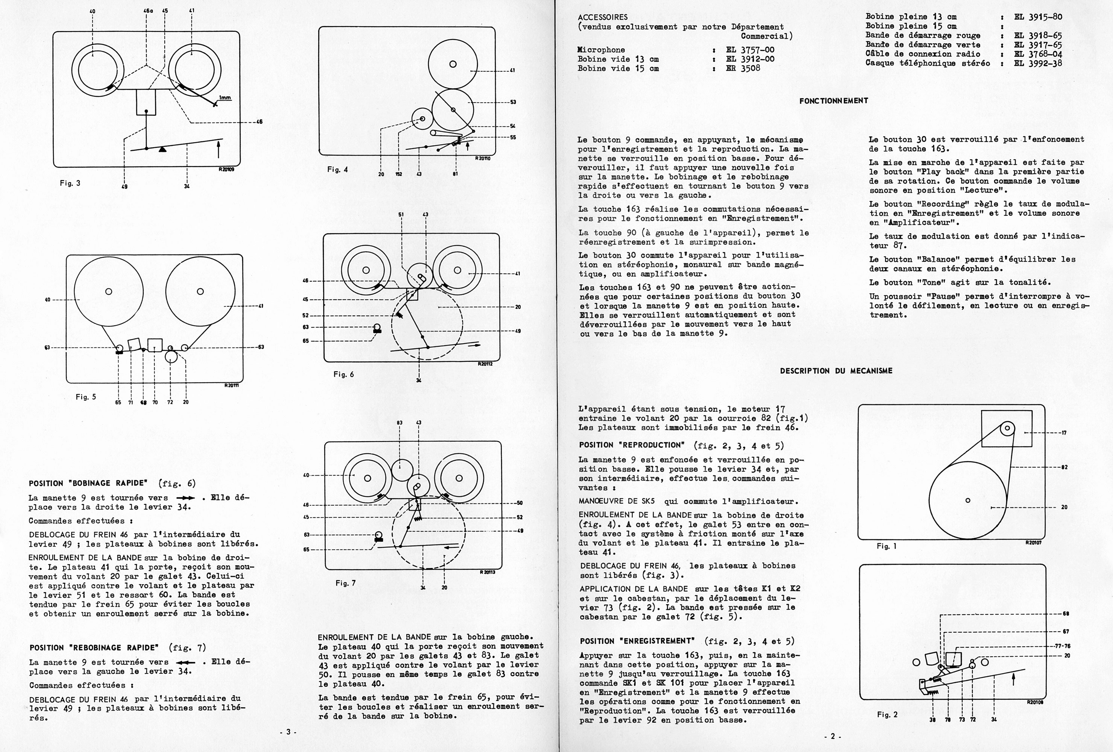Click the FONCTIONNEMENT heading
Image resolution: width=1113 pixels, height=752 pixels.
pos(833,101)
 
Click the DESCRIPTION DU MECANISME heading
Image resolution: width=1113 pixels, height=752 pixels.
pos(836,371)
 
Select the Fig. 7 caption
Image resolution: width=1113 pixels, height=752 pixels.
pos(345,583)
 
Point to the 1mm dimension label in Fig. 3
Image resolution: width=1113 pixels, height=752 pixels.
pos(224,98)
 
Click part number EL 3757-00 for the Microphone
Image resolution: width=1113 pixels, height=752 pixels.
pos(750,50)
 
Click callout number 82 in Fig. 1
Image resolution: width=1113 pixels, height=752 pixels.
pos(1064,467)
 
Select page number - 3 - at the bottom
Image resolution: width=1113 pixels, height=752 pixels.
pos(288,732)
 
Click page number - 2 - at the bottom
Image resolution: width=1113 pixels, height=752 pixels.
pos(833,737)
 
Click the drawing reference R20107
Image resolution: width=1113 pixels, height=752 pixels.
pos(1033,543)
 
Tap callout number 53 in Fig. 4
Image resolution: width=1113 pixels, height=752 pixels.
pos(513,102)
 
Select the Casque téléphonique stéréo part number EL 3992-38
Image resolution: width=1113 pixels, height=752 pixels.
pos(1038,63)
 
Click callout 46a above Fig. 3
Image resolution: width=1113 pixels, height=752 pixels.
pos(148,11)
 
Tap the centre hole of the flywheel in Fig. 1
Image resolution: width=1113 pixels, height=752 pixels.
pos(968,500)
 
